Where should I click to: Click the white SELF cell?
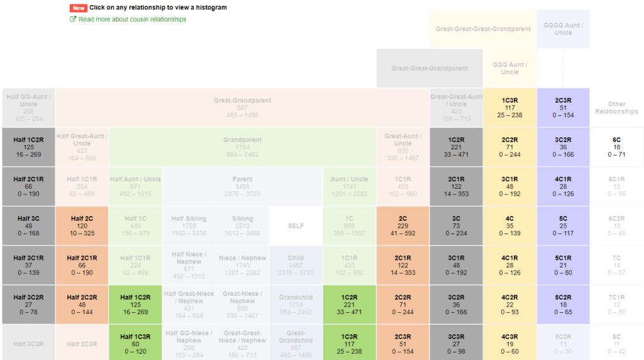point(296,225)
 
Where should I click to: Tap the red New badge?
point(78,8)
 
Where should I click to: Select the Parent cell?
point(242,186)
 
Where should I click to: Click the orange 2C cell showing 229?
point(402,225)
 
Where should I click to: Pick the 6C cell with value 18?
point(616,147)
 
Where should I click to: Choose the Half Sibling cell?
point(189,225)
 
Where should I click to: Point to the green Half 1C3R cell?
point(135,343)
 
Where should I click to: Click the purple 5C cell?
point(563,225)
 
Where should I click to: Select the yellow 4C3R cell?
point(509,343)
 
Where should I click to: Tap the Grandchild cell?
point(296,304)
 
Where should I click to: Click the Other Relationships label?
point(616,108)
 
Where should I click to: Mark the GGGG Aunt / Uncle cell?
point(563,29)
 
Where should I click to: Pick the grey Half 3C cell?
point(28,225)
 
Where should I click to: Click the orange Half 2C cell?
point(82,225)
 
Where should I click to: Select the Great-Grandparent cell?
point(242,108)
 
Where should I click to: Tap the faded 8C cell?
point(616,343)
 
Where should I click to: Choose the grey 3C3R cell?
point(456,343)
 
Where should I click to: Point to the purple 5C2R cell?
point(563,304)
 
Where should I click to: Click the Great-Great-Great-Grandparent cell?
point(482,29)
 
